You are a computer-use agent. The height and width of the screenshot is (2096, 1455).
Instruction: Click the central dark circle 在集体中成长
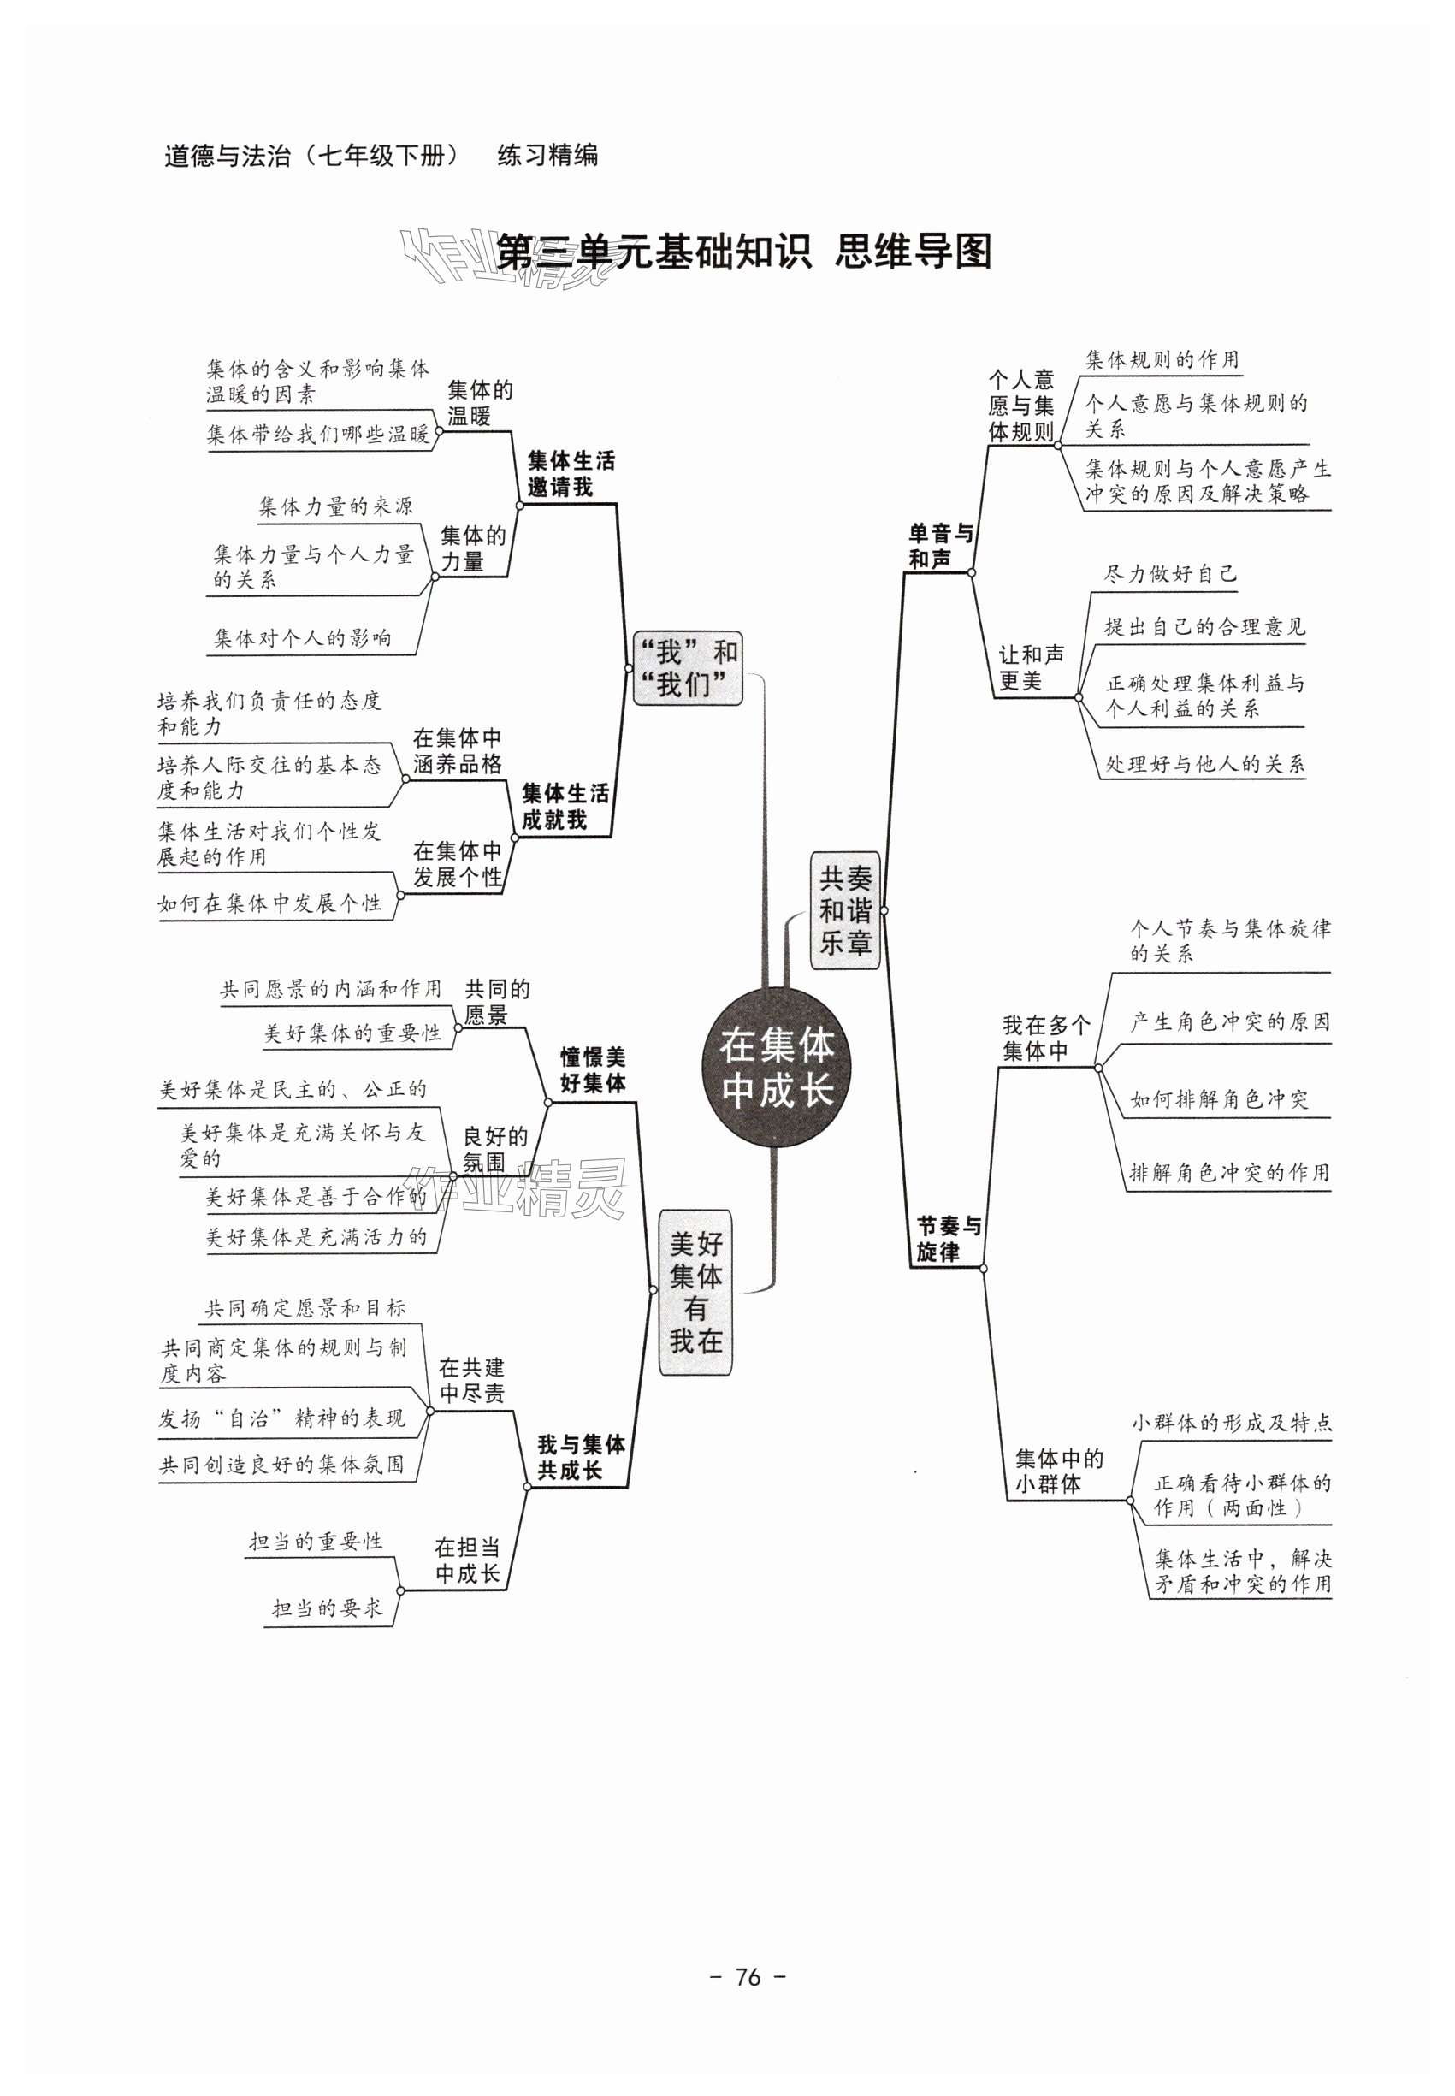click(x=776, y=1067)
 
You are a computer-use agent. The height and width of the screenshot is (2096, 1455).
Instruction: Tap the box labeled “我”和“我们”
click(x=689, y=668)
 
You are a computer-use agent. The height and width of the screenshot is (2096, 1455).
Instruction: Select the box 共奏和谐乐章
click(x=845, y=910)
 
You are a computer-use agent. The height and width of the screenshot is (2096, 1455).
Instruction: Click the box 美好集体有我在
click(x=695, y=1292)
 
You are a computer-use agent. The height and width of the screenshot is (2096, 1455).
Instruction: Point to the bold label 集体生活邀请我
click(x=571, y=474)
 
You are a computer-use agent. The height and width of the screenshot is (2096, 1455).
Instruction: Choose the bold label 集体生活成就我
click(x=565, y=807)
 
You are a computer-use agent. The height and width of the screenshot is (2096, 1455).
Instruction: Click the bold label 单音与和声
click(x=941, y=546)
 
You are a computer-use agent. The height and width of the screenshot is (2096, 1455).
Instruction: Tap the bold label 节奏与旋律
click(x=949, y=1239)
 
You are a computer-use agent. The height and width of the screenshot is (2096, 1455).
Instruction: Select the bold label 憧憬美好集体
click(x=593, y=1070)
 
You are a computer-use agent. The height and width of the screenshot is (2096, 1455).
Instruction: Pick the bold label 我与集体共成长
click(x=581, y=1457)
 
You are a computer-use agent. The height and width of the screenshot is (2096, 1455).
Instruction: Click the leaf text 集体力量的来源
click(x=335, y=506)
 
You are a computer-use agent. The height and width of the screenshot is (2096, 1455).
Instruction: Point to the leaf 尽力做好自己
click(x=1170, y=574)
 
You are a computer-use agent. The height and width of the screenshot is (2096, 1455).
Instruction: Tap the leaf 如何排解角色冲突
click(x=1219, y=1099)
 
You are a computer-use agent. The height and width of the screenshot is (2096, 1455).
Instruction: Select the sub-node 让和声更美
click(x=1031, y=667)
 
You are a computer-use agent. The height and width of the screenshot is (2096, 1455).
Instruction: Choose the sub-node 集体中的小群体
click(x=1058, y=1471)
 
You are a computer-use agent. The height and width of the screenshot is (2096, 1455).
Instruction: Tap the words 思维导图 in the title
click(x=913, y=252)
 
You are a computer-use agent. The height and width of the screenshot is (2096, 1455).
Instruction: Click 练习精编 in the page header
click(x=547, y=156)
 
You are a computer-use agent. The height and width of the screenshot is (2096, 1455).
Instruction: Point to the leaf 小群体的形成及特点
click(x=1232, y=1422)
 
